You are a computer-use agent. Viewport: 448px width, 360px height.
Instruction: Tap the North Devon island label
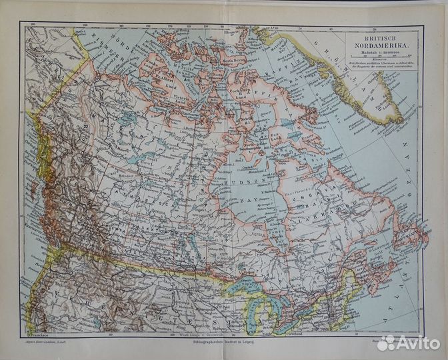tap(237, 60)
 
